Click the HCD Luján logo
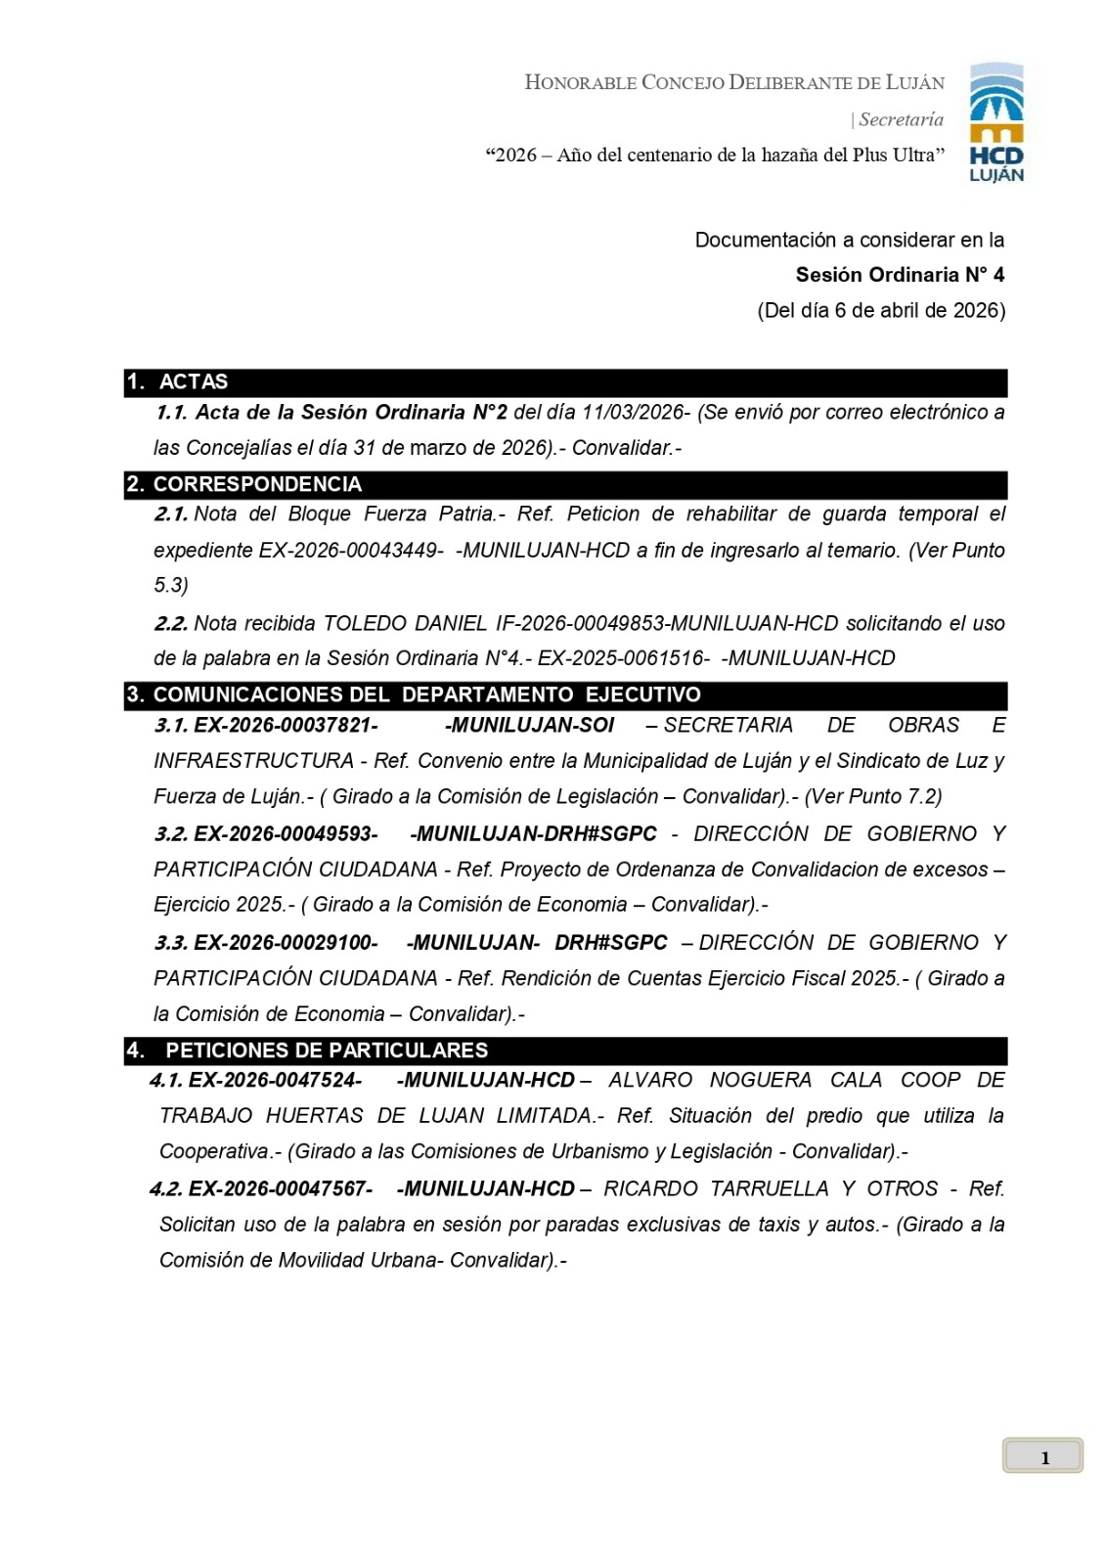pyautogui.click(x=995, y=123)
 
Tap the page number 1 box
pyautogui.click(x=1042, y=1455)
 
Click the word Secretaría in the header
pyautogui.click(x=901, y=119)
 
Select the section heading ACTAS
pyautogui.click(x=193, y=381)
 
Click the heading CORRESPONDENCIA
pyautogui.click(x=257, y=484)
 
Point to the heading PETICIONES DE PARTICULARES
pyautogui.click(x=327, y=1051)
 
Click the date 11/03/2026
pyautogui.click(x=632, y=412)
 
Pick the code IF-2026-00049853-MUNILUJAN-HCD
pyautogui.click(x=667, y=623)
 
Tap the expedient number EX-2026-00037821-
pyautogui.click(x=286, y=725)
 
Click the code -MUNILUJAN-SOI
pyautogui.click(x=529, y=725)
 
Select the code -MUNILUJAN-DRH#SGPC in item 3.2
pyautogui.click(x=533, y=833)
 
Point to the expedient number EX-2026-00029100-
pyautogui.click(x=286, y=942)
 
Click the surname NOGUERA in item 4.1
pyautogui.click(x=760, y=1080)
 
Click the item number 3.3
pyautogui.click(x=171, y=942)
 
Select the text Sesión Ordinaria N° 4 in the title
pyautogui.click(x=900, y=275)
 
